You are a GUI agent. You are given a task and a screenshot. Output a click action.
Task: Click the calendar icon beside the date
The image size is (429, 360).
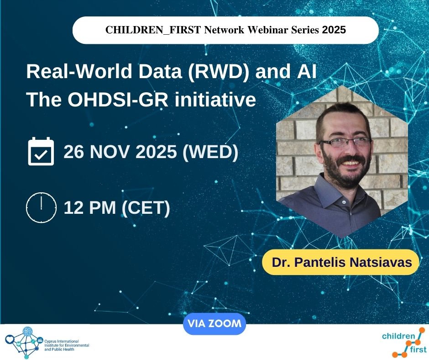[x=41, y=152]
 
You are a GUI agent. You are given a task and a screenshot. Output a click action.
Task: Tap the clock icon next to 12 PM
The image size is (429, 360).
[x=41, y=208]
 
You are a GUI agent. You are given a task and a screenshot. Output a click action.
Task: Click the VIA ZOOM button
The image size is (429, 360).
[x=214, y=324]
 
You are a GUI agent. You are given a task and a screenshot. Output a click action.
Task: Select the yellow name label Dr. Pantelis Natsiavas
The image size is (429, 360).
[x=340, y=263]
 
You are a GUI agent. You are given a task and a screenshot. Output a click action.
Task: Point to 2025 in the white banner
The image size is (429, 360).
[x=334, y=30]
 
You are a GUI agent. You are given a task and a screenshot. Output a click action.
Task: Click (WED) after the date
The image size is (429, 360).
[x=210, y=152]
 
